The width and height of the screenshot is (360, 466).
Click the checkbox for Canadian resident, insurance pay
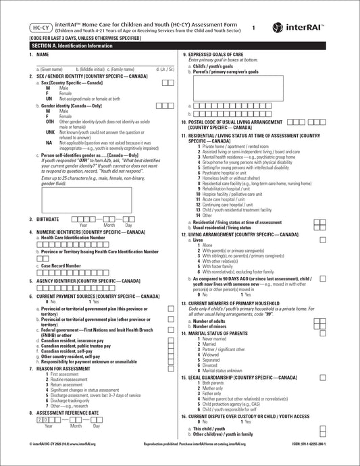(x=170, y=341)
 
